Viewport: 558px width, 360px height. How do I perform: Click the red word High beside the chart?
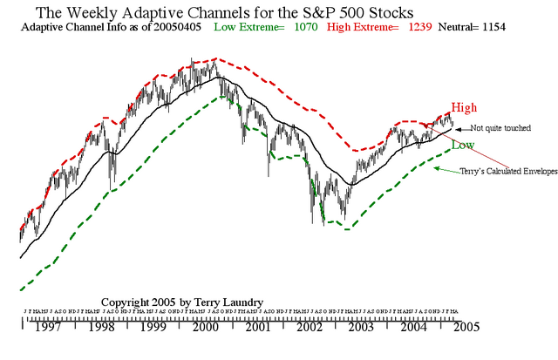pos(465,107)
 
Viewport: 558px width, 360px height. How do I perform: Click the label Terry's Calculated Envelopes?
pos(508,172)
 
